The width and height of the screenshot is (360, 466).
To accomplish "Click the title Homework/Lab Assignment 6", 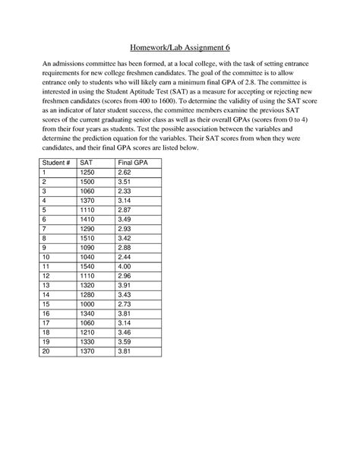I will [x=179, y=47].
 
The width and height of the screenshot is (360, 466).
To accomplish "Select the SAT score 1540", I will [x=87, y=268].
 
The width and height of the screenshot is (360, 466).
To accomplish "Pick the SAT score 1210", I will [x=87, y=335].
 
